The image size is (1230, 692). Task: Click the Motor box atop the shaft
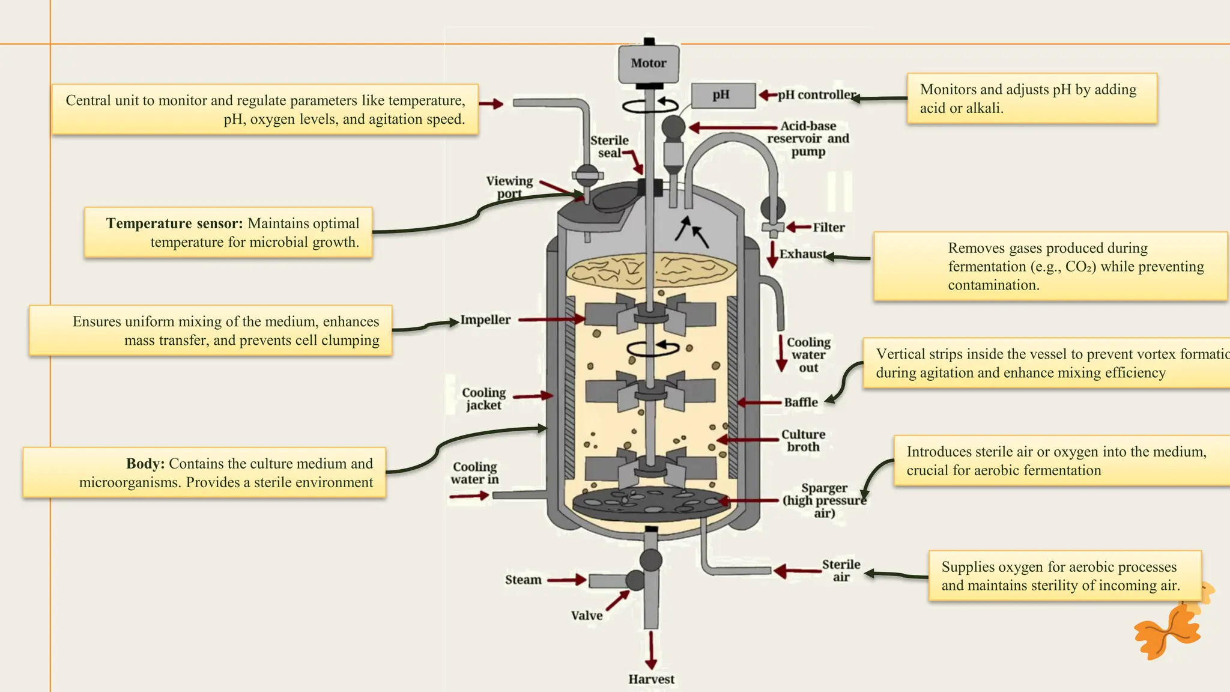pyautogui.click(x=649, y=64)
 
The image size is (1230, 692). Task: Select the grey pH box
pyautogui.click(x=723, y=96)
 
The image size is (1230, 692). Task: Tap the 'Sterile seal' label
pyautogui.click(x=609, y=147)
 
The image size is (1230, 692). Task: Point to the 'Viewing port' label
pyautogui.click(x=509, y=187)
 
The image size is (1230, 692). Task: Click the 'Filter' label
pyautogui.click(x=828, y=228)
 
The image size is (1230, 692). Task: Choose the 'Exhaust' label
pyautogui.click(x=802, y=254)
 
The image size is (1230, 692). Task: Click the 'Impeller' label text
pyautogui.click(x=485, y=320)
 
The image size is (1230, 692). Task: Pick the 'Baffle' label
pyautogui.click(x=801, y=402)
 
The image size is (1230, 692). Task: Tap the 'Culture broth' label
pyautogui.click(x=803, y=440)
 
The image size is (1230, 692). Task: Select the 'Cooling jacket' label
pyautogui.click(x=483, y=399)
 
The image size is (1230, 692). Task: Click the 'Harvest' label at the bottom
pyautogui.click(x=651, y=679)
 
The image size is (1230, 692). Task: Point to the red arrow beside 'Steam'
pyautogui.click(x=566, y=580)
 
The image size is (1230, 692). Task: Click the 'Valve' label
pyautogui.click(x=586, y=616)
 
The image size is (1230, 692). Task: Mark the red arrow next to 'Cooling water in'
pyautogui.click(x=469, y=496)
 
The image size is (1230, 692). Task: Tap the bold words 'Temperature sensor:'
pyautogui.click(x=174, y=223)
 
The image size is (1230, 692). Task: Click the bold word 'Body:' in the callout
pyautogui.click(x=145, y=464)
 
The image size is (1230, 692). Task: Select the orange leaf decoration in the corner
pyautogui.click(x=1169, y=631)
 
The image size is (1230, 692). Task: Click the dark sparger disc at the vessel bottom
pyautogui.click(x=651, y=503)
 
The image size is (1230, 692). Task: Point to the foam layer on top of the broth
pyautogui.click(x=651, y=269)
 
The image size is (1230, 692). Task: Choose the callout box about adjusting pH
pyautogui.click(x=1031, y=99)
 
